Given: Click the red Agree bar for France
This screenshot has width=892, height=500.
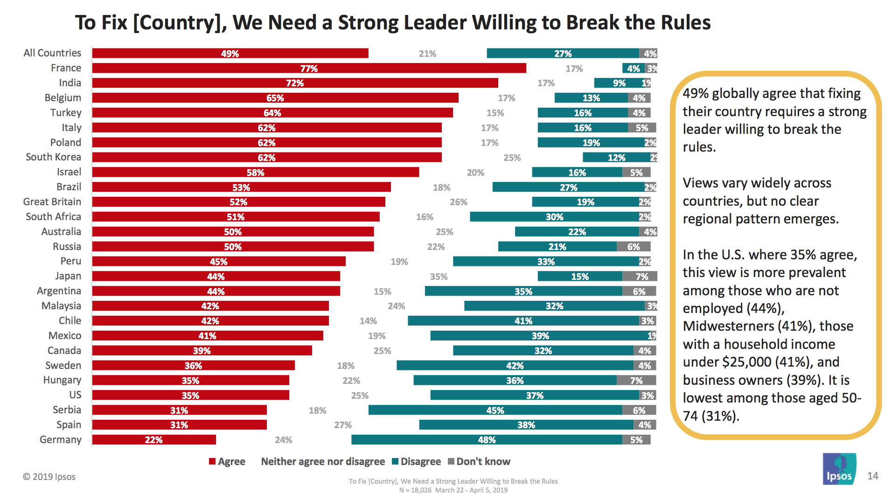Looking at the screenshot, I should click(309, 69).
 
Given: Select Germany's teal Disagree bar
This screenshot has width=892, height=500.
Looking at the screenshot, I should click(487, 440).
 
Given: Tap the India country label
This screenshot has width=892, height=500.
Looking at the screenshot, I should click(70, 83).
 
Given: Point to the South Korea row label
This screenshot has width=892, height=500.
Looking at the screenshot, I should click(53, 157).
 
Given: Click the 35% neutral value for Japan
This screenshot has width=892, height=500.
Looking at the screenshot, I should click(439, 277).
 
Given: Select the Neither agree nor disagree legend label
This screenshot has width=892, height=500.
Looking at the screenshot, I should click(323, 462).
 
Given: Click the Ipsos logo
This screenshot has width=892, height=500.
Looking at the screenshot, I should click(839, 469).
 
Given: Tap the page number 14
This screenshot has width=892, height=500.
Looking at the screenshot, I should click(872, 476).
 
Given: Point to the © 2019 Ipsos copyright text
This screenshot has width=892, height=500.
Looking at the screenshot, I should click(49, 477).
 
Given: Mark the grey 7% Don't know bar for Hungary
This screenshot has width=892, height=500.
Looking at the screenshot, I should click(636, 381).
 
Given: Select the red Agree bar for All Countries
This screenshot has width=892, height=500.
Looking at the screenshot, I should click(230, 54).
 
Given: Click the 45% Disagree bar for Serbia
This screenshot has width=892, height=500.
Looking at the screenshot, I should click(495, 410).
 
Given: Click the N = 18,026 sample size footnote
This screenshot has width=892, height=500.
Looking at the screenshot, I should click(415, 490).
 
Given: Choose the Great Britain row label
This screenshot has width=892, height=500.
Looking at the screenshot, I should click(52, 202).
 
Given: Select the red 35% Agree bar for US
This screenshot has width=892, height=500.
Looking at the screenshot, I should click(190, 396).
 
